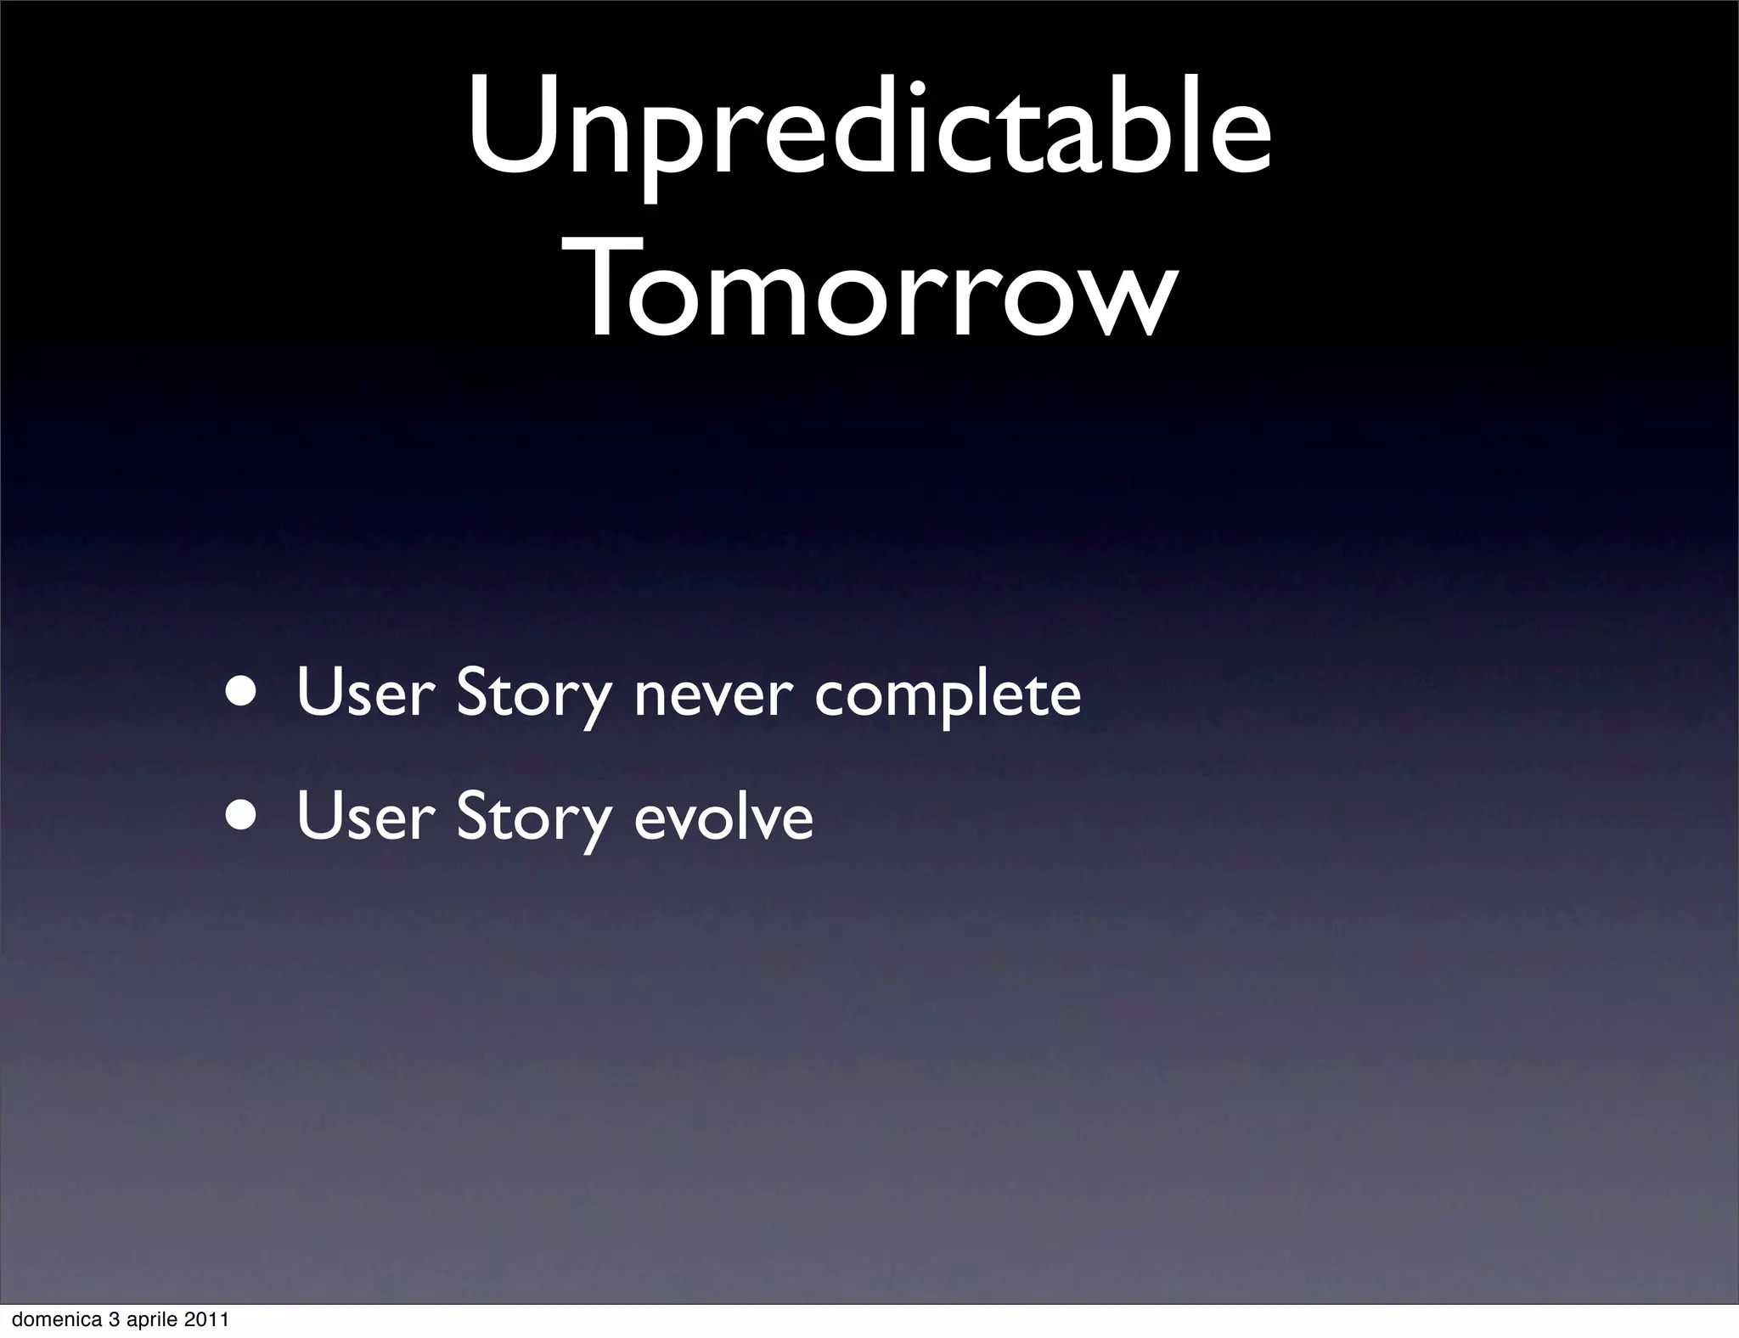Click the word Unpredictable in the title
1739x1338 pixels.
pyautogui.click(x=869, y=127)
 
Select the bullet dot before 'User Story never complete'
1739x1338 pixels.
pyautogui.click(x=244, y=691)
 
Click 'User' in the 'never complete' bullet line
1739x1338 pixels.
pyautogui.click(x=365, y=693)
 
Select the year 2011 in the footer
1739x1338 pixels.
pyautogui.click(x=208, y=1320)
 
